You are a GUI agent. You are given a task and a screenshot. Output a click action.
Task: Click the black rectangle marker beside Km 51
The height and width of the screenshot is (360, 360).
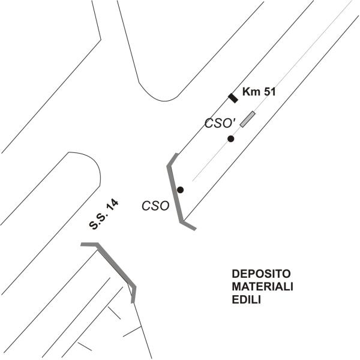[x=233, y=97]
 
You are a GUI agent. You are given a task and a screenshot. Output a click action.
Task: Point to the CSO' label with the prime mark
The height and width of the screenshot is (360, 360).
[x=218, y=123]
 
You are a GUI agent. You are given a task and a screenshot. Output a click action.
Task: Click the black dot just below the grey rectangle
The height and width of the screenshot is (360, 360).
[x=231, y=139]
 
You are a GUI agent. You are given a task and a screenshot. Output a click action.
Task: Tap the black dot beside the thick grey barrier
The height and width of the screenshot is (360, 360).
[x=180, y=190]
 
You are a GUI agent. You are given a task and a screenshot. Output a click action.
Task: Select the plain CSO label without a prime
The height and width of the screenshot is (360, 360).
[x=155, y=205]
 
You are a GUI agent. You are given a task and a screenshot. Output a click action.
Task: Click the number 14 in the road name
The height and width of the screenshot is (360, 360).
[x=113, y=206]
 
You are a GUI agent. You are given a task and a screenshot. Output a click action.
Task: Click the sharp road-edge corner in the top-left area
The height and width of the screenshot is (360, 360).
[x=101, y=40]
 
